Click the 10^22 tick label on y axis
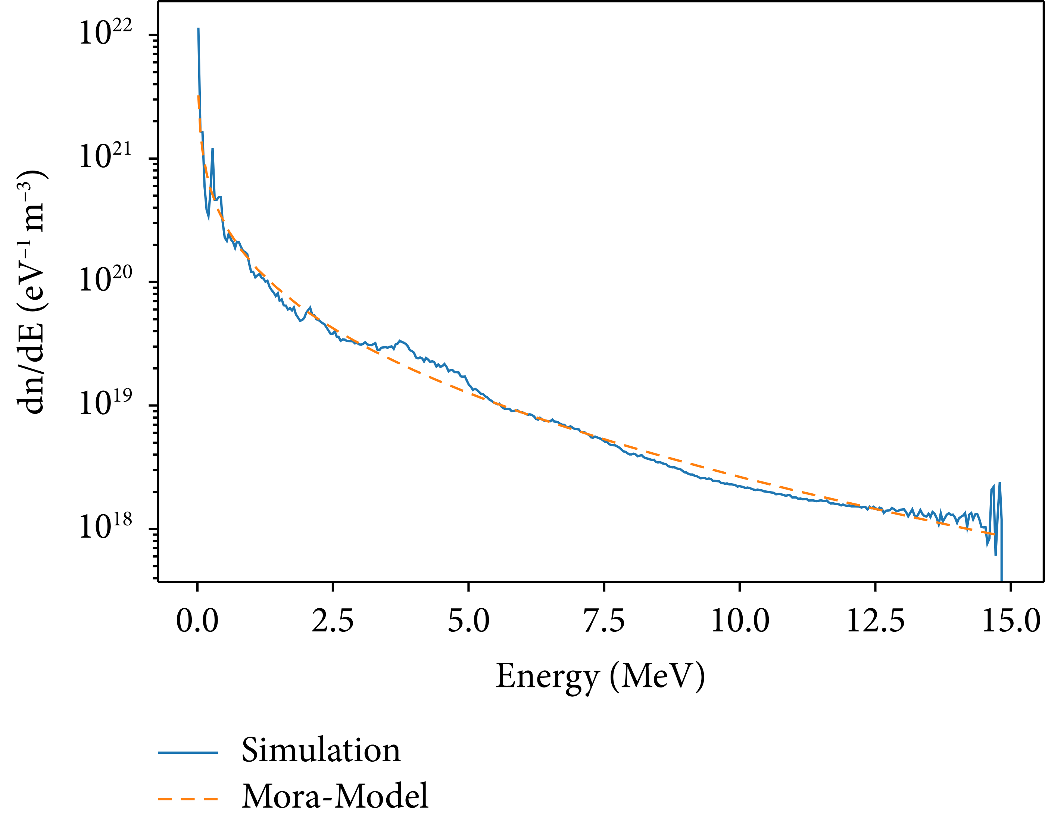pos(105,34)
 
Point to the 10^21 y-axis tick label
pos(105,157)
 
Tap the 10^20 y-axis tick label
pos(105,280)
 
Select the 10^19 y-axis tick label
pos(105,404)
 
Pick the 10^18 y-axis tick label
pos(105,527)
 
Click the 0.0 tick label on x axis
pos(197,621)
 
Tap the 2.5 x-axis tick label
pos(333,621)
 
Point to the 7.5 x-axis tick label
pos(604,621)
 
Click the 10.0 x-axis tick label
pos(740,621)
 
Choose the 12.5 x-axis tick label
pos(875,621)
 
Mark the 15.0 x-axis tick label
pos(1011,621)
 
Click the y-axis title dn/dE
pos(31,292)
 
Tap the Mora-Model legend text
pos(335,796)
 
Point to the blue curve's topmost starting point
pos(199,29)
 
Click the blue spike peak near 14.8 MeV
pos(1000,483)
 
